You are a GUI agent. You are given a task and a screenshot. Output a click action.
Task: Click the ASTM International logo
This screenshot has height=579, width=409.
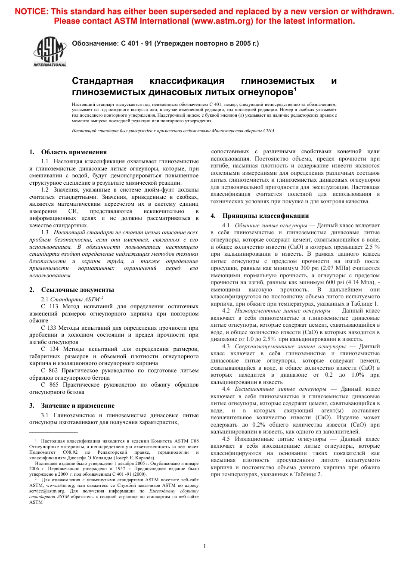click(50, 52)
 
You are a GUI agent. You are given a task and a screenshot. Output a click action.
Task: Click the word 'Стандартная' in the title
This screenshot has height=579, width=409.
click(102, 81)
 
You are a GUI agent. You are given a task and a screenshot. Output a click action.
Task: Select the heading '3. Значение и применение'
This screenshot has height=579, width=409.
click(72, 406)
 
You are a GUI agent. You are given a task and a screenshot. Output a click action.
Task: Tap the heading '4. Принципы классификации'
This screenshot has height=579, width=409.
click(260, 216)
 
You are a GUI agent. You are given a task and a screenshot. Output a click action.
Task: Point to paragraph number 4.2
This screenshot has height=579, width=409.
click(226, 310)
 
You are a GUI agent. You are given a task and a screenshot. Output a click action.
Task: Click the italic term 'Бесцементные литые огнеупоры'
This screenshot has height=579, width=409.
click(280, 389)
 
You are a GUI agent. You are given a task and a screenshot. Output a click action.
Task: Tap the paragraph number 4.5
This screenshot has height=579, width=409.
click(226, 439)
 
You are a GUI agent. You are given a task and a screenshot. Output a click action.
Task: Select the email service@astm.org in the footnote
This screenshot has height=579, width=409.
click(47, 491)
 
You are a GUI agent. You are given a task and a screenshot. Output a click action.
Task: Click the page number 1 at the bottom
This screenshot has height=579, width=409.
click(204, 546)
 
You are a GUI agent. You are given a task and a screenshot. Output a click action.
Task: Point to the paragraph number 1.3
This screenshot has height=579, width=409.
click(45, 232)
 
